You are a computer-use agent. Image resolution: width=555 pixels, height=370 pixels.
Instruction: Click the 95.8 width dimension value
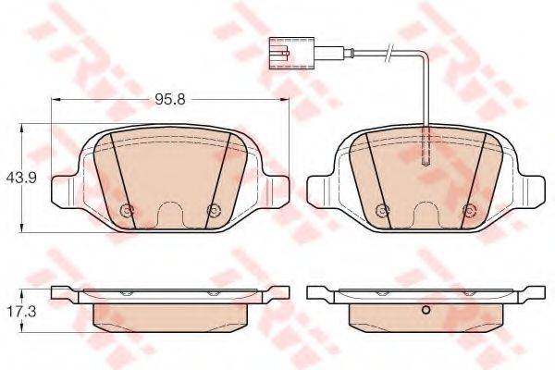coord(170,100)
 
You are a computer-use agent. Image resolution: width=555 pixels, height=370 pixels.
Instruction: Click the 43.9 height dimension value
coord(21,178)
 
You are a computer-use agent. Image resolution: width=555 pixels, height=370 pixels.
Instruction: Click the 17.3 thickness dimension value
coord(21,313)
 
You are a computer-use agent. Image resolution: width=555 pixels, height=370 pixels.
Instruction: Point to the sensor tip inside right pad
coord(426,146)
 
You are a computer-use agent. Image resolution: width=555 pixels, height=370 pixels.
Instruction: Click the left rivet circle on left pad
coord(127,211)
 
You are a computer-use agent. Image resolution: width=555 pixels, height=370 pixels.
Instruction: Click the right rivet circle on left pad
coord(213,211)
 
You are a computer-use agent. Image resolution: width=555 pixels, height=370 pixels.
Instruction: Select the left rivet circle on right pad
coord(382,211)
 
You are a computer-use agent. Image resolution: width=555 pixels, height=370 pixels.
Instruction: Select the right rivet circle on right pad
coord(468,211)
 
